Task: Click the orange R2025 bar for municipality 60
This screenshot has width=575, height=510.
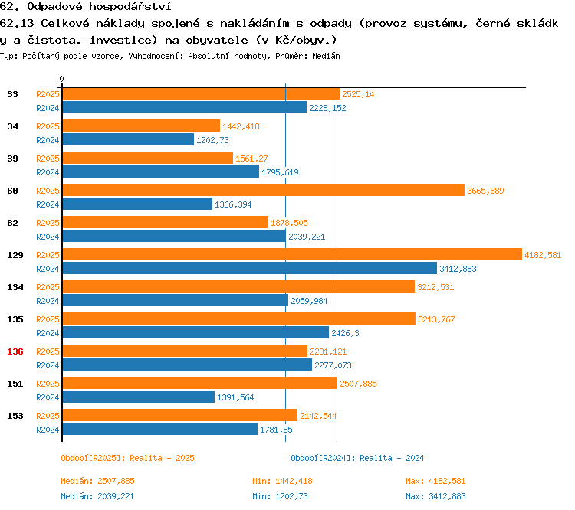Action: [263, 191]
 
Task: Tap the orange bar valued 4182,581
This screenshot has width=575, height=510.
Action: [291, 255]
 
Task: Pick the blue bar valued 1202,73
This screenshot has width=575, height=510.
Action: [128, 140]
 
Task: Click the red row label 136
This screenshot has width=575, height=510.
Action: [15, 351]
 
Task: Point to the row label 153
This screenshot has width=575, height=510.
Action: [15, 416]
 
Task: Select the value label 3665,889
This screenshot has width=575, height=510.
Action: [485, 191]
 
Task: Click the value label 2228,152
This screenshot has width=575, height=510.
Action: [327, 108]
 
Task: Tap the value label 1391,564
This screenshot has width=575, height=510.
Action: [235, 397]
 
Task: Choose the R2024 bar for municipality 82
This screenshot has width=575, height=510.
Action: [174, 237]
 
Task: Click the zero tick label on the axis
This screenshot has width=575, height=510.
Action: [62, 80]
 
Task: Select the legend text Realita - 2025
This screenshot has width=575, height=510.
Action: [162, 458]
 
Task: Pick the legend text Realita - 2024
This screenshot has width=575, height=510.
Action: [392, 458]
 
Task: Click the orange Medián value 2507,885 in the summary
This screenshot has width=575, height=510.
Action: [116, 481]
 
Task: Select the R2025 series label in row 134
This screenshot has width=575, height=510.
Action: [48, 287]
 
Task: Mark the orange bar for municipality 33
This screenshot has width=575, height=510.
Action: [200, 94]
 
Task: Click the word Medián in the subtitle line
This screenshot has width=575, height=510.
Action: [325, 57]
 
